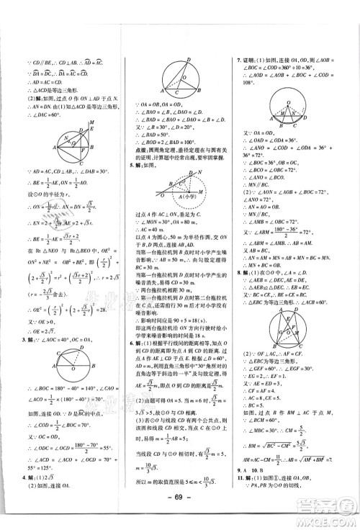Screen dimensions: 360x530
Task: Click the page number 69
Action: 180,517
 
